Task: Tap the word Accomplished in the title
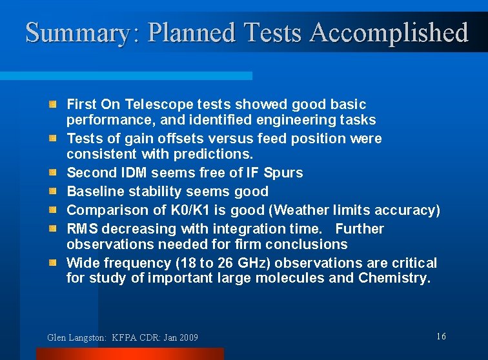coord(389,32)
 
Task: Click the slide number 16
coord(441,336)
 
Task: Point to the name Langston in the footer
coord(86,337)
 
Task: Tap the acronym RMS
coord(81,228)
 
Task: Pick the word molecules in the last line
coord(283,278)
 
